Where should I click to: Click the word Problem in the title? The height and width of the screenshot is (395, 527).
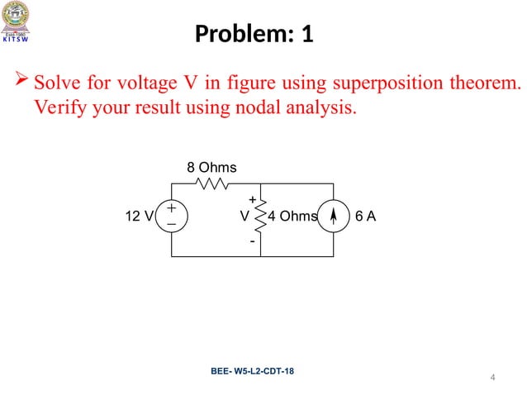coord(234,36)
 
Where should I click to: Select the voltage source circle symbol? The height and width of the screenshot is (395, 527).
coord(171,217)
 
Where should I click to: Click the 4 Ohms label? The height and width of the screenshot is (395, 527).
coord(294,217)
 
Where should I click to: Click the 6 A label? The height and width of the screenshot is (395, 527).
coord(365,217)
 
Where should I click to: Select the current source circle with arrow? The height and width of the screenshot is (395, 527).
coord(333,217)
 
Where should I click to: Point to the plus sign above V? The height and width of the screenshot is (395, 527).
coord(252,199)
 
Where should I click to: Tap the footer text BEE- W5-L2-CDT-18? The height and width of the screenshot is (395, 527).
coord(251,371)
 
